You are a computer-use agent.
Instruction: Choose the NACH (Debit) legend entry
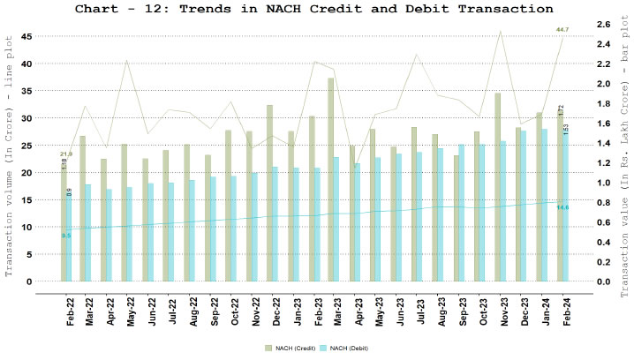coord(345,349)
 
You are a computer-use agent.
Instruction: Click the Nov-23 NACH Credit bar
coord(498,187)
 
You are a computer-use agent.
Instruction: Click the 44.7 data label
coord(562,30)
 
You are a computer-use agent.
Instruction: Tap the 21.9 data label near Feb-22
coord(66,154)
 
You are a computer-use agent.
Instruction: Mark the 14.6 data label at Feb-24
coord(562,207)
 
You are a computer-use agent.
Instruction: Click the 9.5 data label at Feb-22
coord(66,236)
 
